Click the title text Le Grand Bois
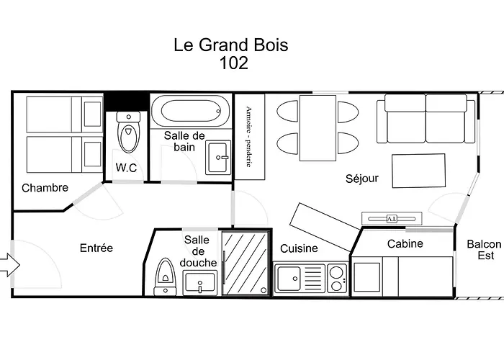pos(230,45)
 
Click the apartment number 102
pos(233,63)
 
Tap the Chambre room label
pos(45,188)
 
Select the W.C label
pos(127,168)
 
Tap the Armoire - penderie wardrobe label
pos(249,137)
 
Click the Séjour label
pos(362,178)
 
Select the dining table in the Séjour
pos(318,127)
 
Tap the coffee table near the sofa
pos(418,171)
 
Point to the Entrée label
pos(96,248)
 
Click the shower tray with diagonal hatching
pos(245,261)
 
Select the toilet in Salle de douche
pos(165,276)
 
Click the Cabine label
pos(405,243)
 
